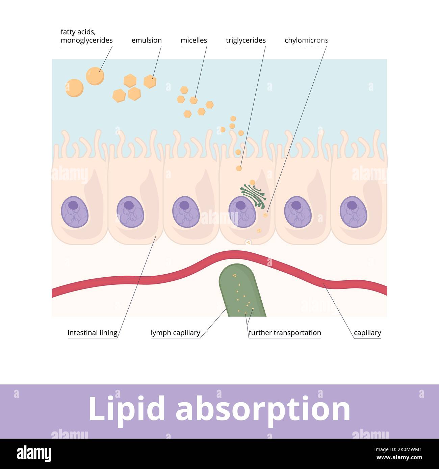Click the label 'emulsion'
[147, 40]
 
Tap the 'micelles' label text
[193, 40]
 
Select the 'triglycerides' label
[246, 40]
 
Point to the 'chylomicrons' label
[306, 40]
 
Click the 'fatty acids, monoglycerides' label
[86, 36]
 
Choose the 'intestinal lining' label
[92, 333]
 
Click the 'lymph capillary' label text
[175, 333]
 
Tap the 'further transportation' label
[285, 333]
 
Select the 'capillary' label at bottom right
[367, 333]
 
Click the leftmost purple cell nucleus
[75, 212]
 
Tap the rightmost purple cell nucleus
[353, 212]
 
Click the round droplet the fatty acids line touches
[95, 76]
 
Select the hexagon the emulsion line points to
[150, 81]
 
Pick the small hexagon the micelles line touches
[193, 100]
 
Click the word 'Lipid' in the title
[127, 409]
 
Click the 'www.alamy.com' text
[399, 458]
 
